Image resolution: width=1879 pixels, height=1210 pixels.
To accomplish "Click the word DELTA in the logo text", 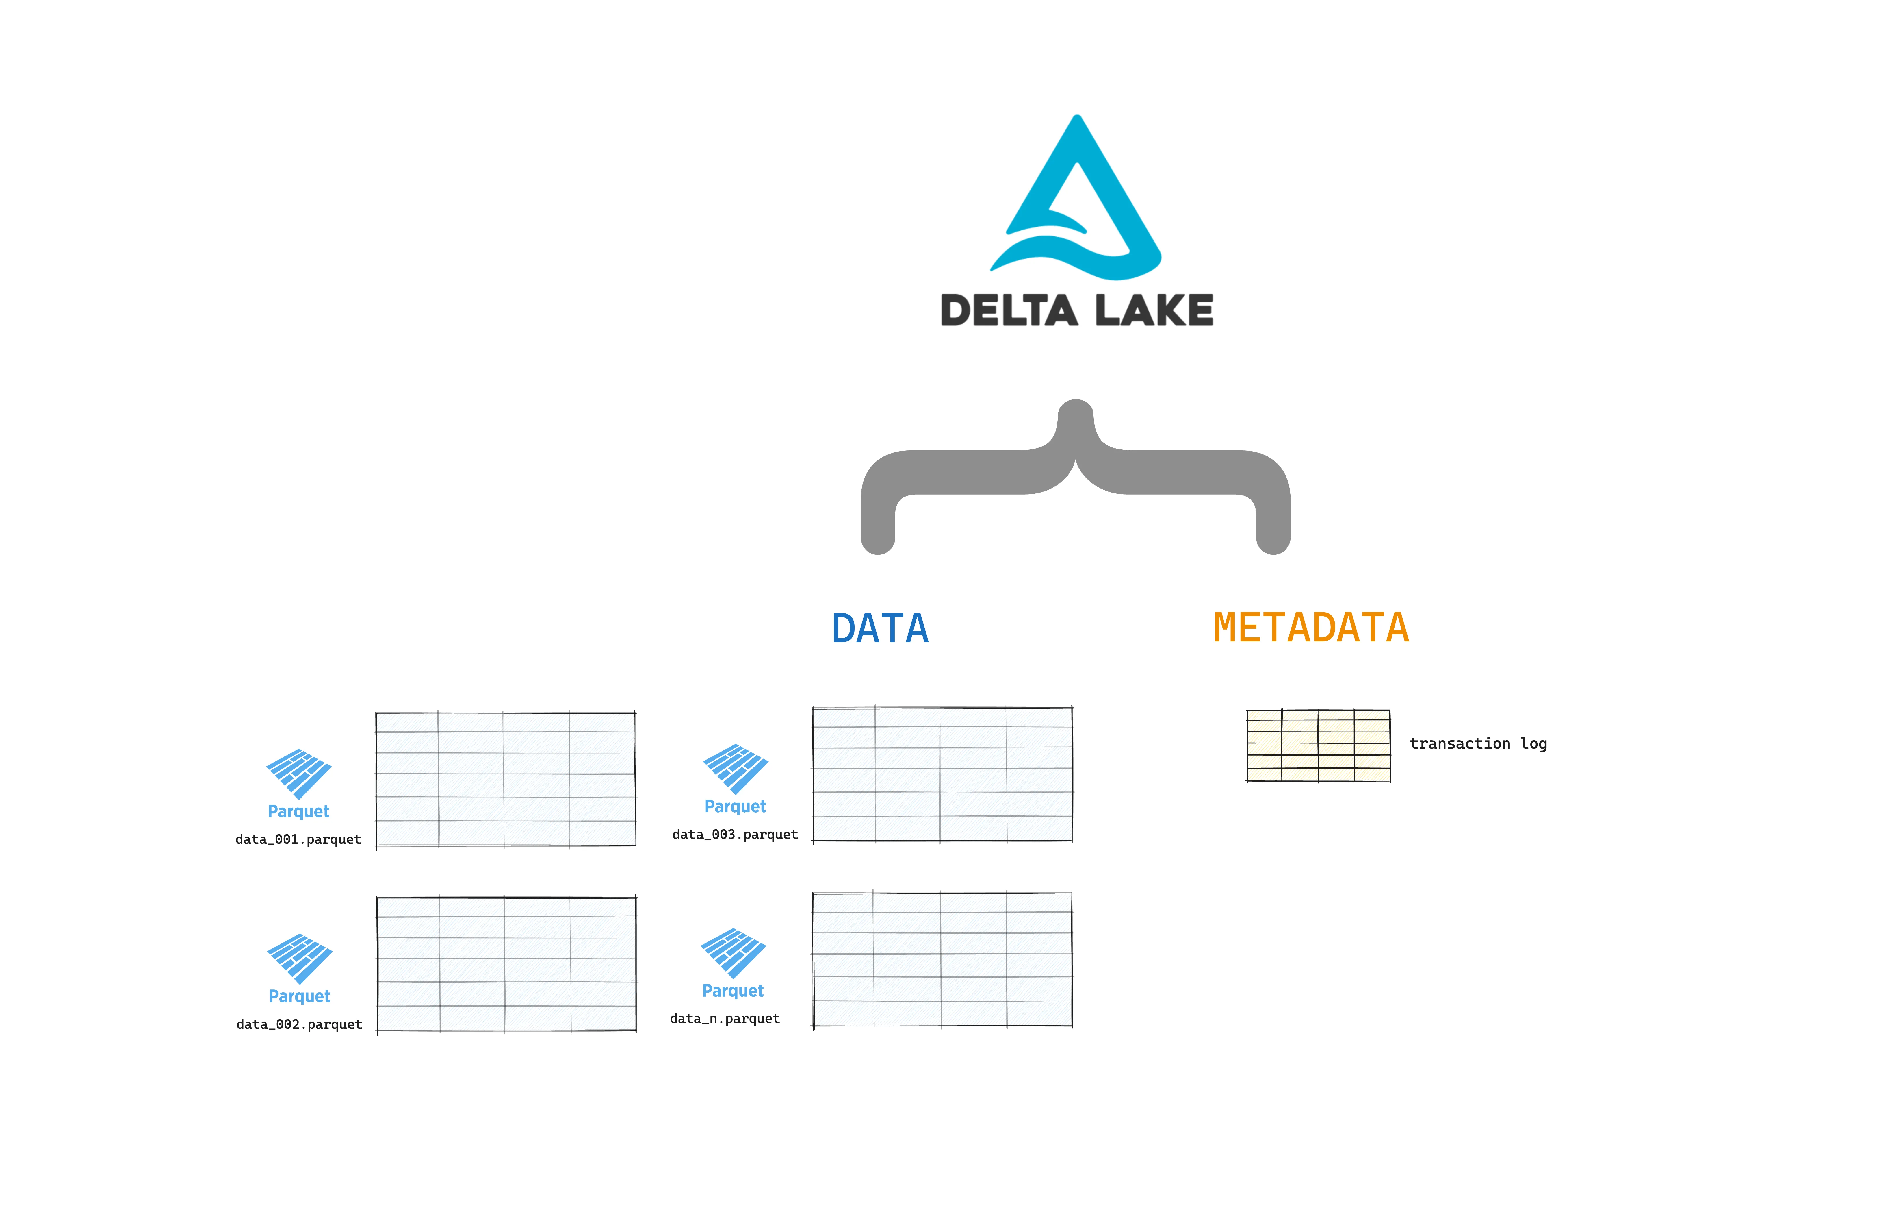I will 1009,310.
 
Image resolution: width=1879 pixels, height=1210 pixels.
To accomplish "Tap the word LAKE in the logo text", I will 1154,310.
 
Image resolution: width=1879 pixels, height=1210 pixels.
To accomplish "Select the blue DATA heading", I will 880,629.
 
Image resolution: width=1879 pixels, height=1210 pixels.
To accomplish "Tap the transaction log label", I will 1478,743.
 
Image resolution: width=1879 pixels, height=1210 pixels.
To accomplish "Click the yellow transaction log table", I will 1318,745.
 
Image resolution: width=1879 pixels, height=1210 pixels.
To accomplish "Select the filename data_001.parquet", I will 298,839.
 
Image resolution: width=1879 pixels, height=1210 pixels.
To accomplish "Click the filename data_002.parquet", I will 299,1024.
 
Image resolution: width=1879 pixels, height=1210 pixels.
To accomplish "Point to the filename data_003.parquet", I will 735,835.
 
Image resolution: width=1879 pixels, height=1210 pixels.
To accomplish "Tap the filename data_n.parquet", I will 725,1018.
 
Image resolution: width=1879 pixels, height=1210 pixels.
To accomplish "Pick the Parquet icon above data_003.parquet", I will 735,768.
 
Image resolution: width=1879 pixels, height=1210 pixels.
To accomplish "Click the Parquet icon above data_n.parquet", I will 733,952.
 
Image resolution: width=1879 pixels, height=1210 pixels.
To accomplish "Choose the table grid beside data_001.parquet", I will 506,779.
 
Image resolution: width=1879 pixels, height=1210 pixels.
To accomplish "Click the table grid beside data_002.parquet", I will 506,964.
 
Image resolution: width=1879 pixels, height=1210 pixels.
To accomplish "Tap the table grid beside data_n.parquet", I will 942,959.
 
